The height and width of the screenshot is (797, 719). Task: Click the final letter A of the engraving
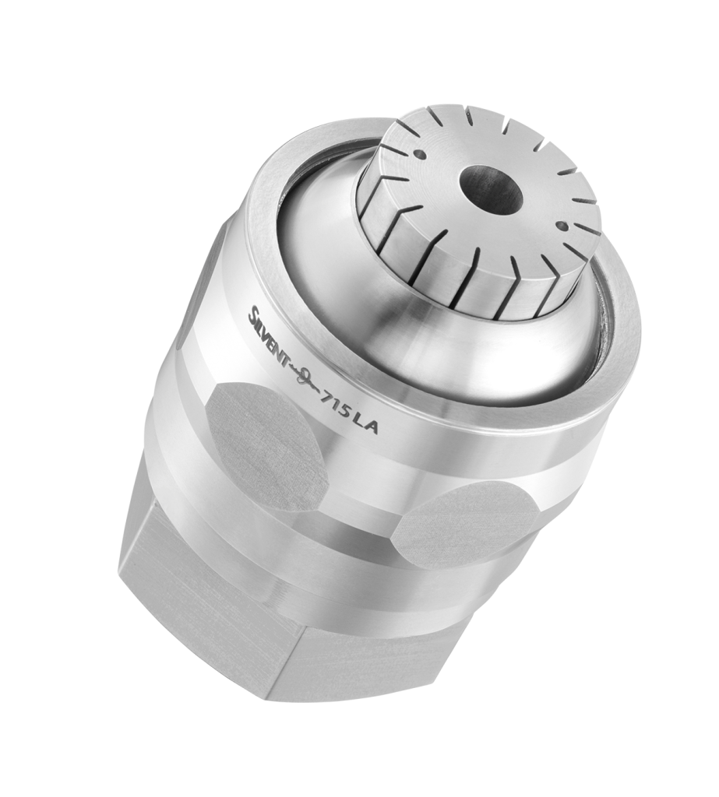(372, 428)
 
